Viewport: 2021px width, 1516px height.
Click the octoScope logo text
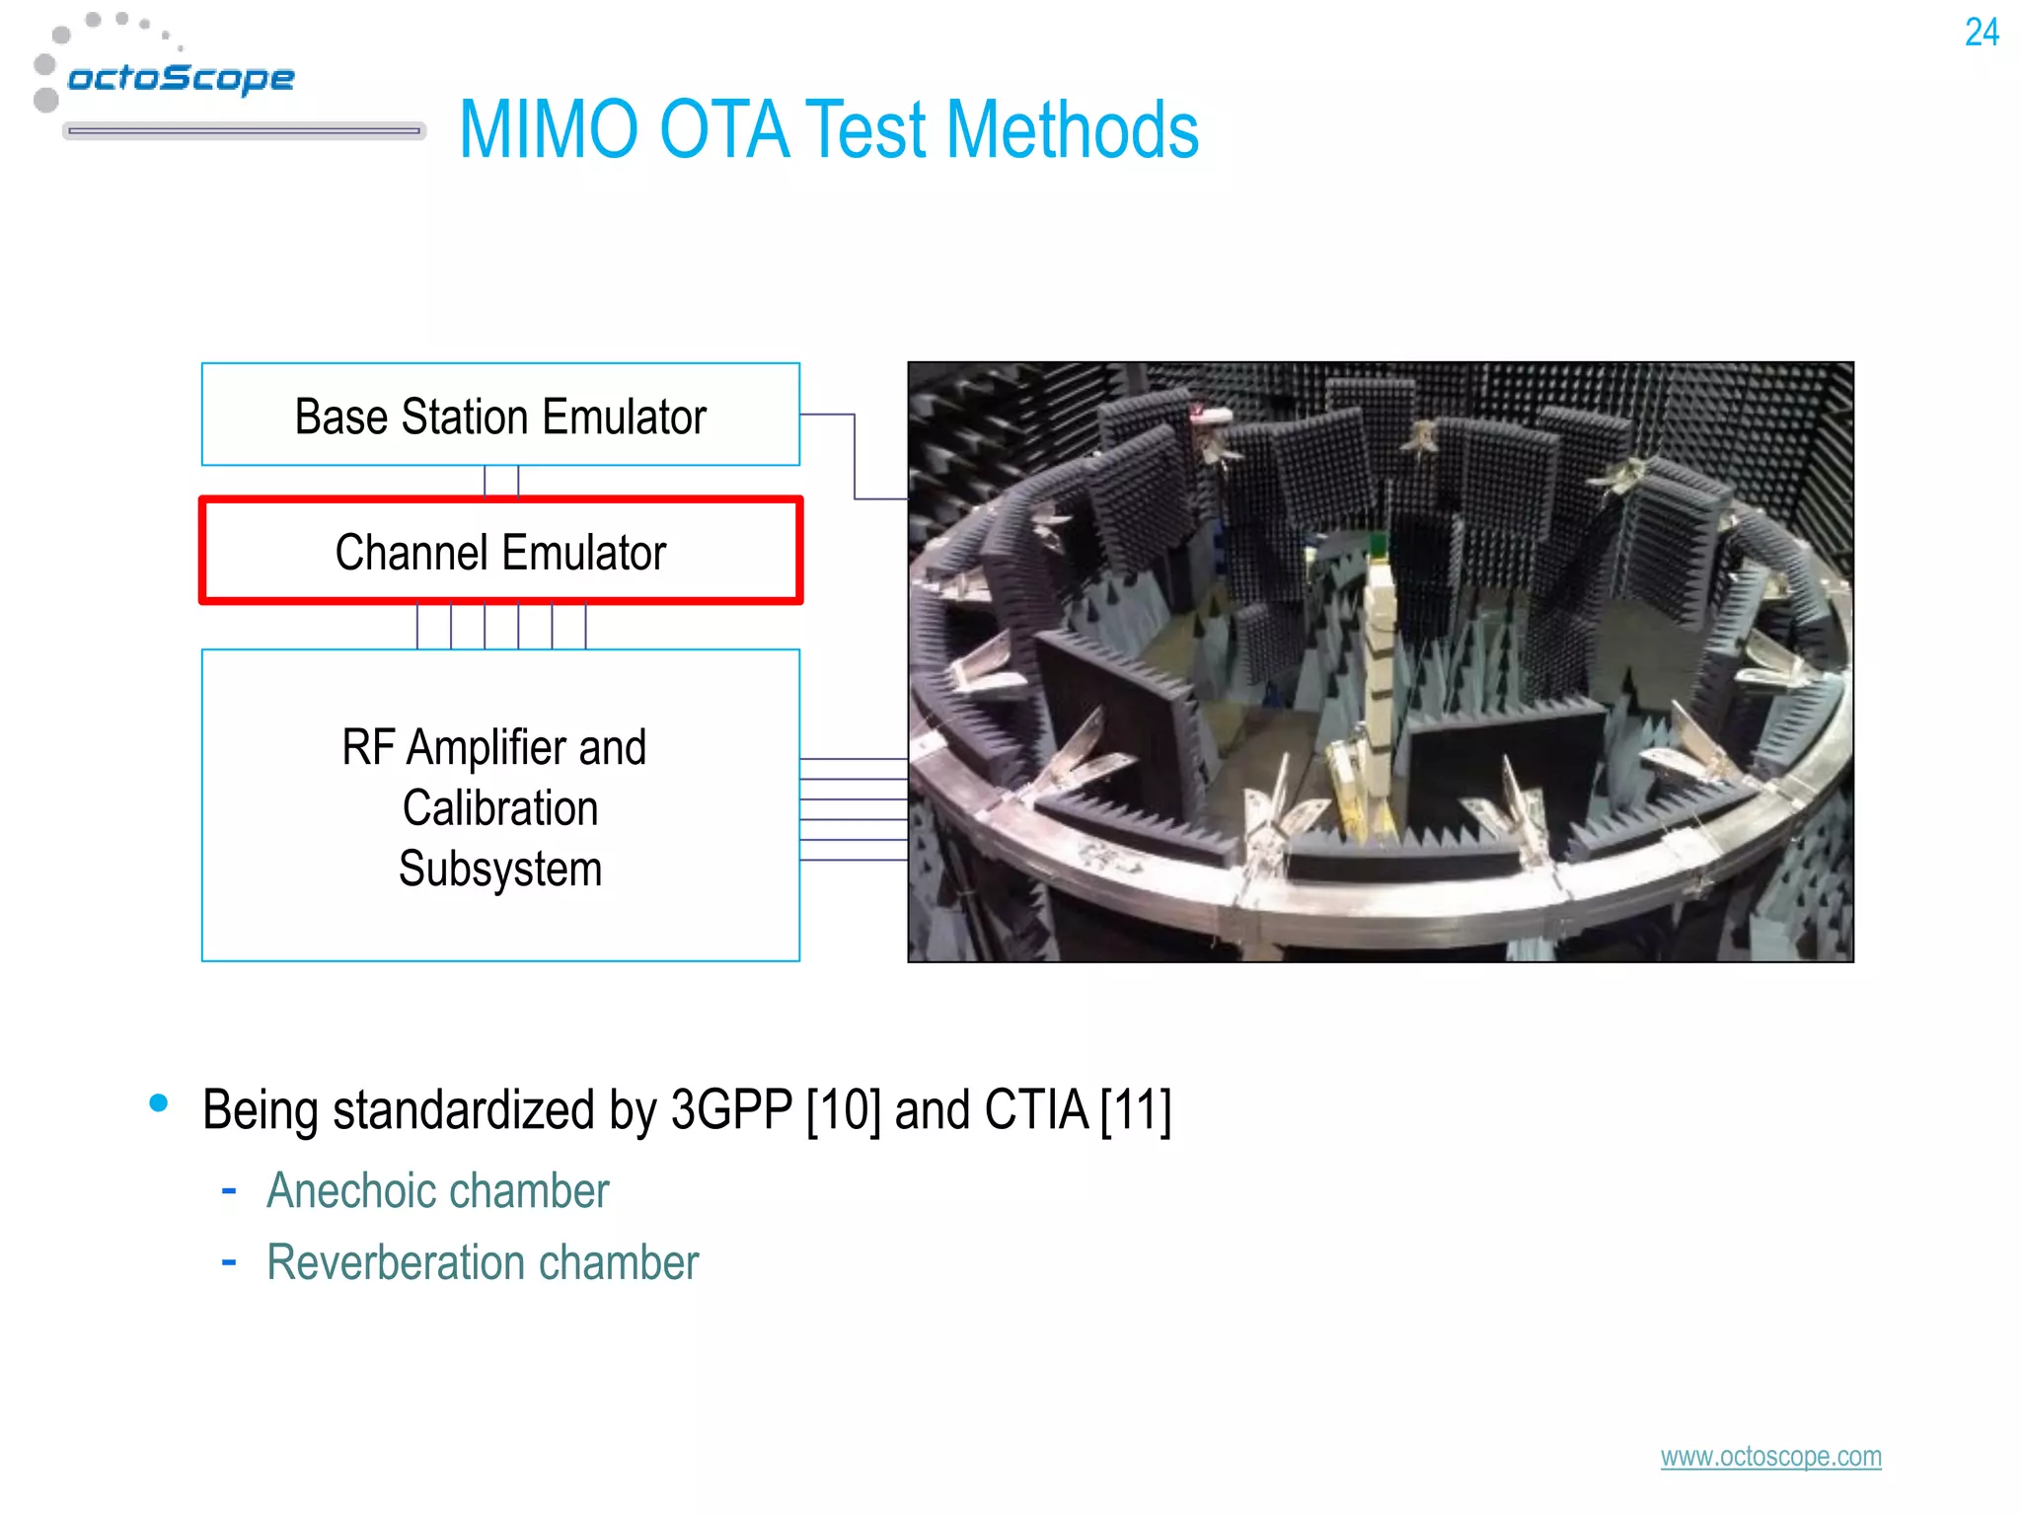tap(181, 78)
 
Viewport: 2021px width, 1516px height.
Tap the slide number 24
tap(1982, 33)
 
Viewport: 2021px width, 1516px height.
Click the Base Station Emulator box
tap(500, 415)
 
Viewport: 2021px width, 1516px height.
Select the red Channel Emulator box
tap(500, 551)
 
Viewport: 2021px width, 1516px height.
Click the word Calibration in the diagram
tap(500, 808)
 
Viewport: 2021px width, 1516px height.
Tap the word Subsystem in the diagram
tap(500, 870)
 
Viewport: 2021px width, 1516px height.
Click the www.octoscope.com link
tap(1770, 1457)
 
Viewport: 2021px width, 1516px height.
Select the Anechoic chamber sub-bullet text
tap(438, 1190)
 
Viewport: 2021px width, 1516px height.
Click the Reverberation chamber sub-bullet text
tap(483, 1262)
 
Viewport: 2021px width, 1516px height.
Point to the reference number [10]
tap(844, 1110)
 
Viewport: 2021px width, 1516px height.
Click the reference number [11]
tap(1136, 1110)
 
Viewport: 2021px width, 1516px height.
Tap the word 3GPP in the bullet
tap(731, 1110)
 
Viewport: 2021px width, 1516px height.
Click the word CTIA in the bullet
tap(1036, 1110)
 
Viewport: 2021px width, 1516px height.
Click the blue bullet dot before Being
tap(159, 1102)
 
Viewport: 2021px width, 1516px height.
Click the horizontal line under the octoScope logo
tap(244, 130)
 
